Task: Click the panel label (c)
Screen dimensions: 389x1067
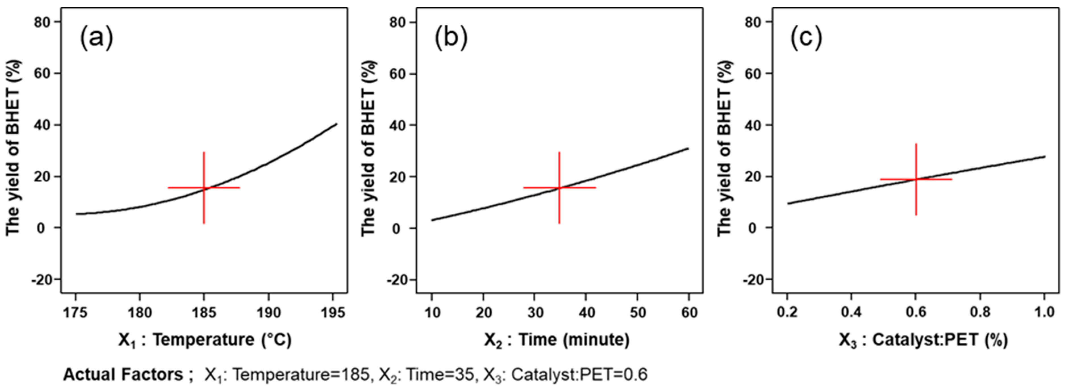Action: coord(806,38)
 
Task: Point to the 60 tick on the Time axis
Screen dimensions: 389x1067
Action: coord(689,312)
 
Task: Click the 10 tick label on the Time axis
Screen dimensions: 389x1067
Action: coord(432,312)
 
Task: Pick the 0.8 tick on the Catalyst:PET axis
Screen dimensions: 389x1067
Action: coord(980,311)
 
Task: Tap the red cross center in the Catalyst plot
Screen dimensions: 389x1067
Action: coord(916,179)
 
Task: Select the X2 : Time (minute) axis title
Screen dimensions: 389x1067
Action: coord(557,340)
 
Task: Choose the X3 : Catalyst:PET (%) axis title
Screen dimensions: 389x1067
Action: coord(923,340)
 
